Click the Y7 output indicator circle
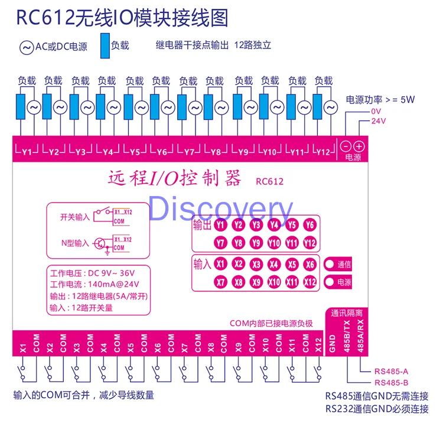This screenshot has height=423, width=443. click(x=220, y=243)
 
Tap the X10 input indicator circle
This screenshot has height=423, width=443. click(x=273, y=282)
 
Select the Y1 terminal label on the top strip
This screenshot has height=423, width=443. click(x=27, y=152)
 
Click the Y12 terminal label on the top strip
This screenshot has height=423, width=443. click(x=323, y=152)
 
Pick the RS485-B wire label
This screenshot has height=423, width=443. click(x=392, y=382)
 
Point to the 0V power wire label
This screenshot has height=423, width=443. click(x=376, y=111)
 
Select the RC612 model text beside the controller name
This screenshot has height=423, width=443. click(x=269, y=181)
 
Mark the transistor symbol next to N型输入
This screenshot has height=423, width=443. click(x=101, y=243)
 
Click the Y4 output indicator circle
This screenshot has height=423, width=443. click(x=273, y=225)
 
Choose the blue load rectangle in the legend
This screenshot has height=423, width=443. click(x=105, y=45)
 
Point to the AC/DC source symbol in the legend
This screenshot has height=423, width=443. click(x=27, y=47)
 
